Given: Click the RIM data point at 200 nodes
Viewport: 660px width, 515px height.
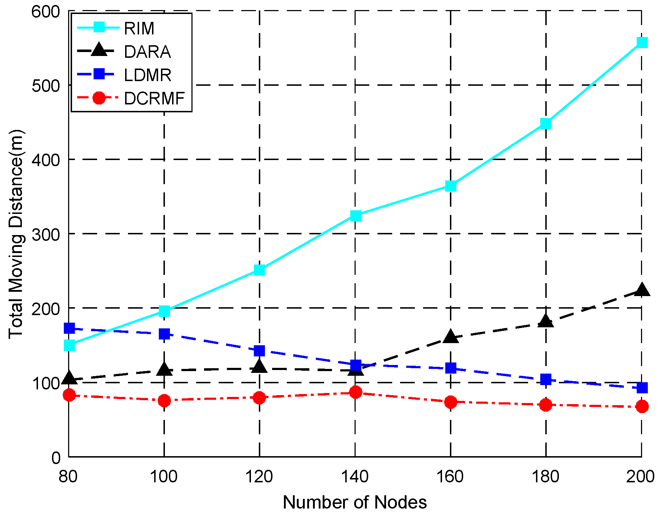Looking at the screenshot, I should [x=641, y=42].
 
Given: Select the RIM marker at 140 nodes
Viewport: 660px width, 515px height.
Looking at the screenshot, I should [x=355, y=216].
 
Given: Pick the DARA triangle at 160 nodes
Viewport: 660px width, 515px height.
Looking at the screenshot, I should [x=451, y=337].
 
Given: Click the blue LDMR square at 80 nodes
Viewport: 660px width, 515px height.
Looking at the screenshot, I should [x=69, y=328].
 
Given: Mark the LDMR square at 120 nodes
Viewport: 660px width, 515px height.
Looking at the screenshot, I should [x=259, y=351].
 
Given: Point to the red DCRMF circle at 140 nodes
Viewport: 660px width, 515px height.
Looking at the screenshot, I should [x=355, y=392].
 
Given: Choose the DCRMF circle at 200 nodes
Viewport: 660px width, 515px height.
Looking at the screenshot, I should [x=641, y=407].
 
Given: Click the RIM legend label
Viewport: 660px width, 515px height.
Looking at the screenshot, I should [x=139, y=28].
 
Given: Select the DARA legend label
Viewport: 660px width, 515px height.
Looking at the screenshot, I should [x=147, y=52].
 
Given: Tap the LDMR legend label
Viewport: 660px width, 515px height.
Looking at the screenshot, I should [x=148, y=75].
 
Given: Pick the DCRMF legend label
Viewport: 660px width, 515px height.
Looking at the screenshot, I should [x=154, y=98].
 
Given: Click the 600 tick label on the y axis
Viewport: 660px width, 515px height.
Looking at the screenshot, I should [x=46, y=11].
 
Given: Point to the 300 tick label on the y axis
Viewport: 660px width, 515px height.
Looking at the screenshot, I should [x=46, y=234].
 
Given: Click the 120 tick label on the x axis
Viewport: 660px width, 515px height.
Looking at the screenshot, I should [x=259, y=477].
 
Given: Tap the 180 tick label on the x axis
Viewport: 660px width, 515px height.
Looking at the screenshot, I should [x=546, y=477].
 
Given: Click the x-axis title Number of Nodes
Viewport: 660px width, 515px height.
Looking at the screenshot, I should [x=355, y=502].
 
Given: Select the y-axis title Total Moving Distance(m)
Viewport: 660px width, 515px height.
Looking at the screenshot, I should [x=16, y=234].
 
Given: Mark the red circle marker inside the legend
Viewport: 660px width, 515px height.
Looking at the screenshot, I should [x=99, y=98].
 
